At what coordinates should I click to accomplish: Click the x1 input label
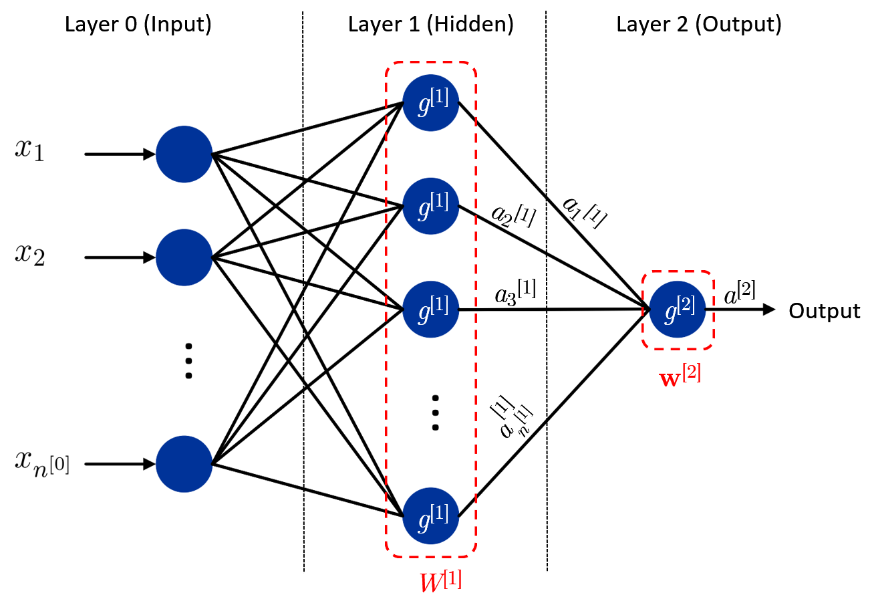29,150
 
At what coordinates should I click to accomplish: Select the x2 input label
30,255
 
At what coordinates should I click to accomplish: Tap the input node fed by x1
184,154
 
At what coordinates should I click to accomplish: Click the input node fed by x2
184,257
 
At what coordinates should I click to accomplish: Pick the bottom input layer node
184,464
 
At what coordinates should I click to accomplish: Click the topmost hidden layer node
431,103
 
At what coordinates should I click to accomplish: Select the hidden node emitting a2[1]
431,206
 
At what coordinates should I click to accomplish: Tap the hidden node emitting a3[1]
431,310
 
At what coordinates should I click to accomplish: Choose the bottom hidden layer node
431,515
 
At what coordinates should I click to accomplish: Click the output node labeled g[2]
678,310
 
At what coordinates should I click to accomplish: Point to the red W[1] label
441,581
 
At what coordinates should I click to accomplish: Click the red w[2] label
680,376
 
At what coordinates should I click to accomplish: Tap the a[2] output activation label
740,292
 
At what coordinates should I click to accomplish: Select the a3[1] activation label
515,292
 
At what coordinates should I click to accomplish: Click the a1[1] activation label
584,212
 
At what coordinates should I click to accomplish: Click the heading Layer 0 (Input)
138,25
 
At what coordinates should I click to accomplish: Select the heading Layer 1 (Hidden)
431,25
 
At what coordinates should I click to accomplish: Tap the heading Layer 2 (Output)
699,25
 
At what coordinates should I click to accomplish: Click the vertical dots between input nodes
188,361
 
